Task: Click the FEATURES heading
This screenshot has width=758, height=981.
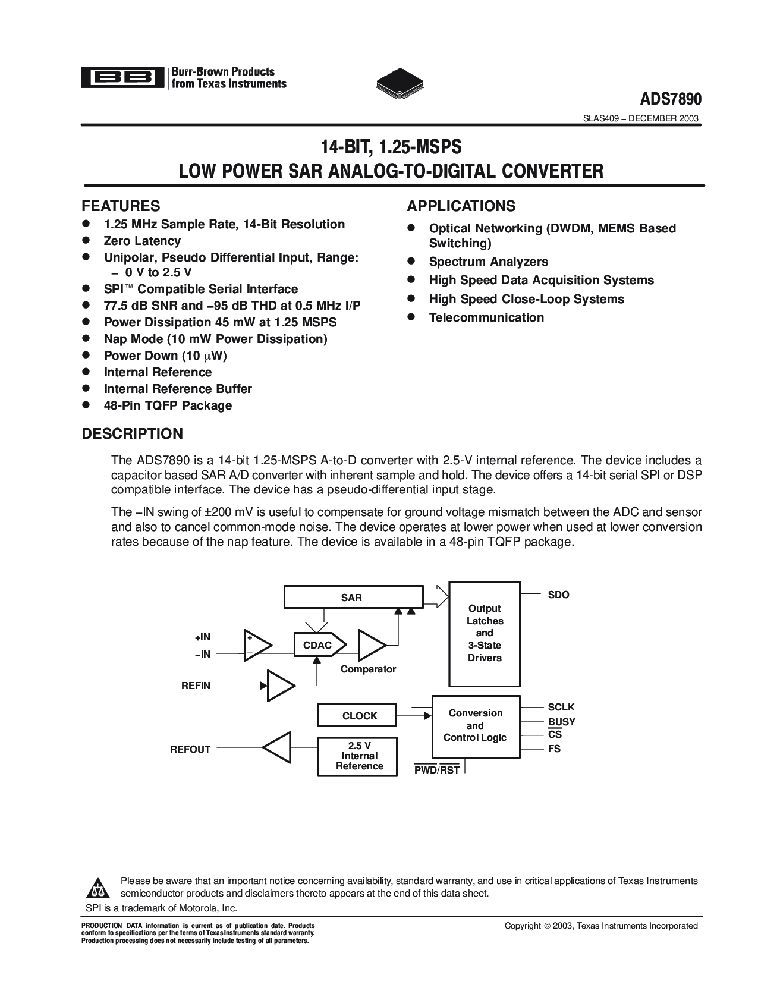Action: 121,206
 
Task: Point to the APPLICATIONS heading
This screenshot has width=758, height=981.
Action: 461,206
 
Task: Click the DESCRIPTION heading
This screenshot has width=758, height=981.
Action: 132,433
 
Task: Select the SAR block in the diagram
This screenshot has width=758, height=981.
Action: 352,598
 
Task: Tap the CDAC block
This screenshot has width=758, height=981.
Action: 317,645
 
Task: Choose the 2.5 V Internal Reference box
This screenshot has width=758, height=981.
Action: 359,756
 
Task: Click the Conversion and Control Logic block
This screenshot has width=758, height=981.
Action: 475,725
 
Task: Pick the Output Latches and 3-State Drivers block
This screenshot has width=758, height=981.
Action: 485,633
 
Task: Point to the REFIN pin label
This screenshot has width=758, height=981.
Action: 196,686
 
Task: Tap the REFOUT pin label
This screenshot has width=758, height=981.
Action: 190,749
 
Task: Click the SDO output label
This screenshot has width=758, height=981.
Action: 558,595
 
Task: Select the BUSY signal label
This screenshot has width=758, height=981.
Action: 561,722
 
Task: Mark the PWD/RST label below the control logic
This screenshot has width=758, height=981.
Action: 436,771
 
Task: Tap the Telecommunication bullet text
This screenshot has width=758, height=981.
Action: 486,317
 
